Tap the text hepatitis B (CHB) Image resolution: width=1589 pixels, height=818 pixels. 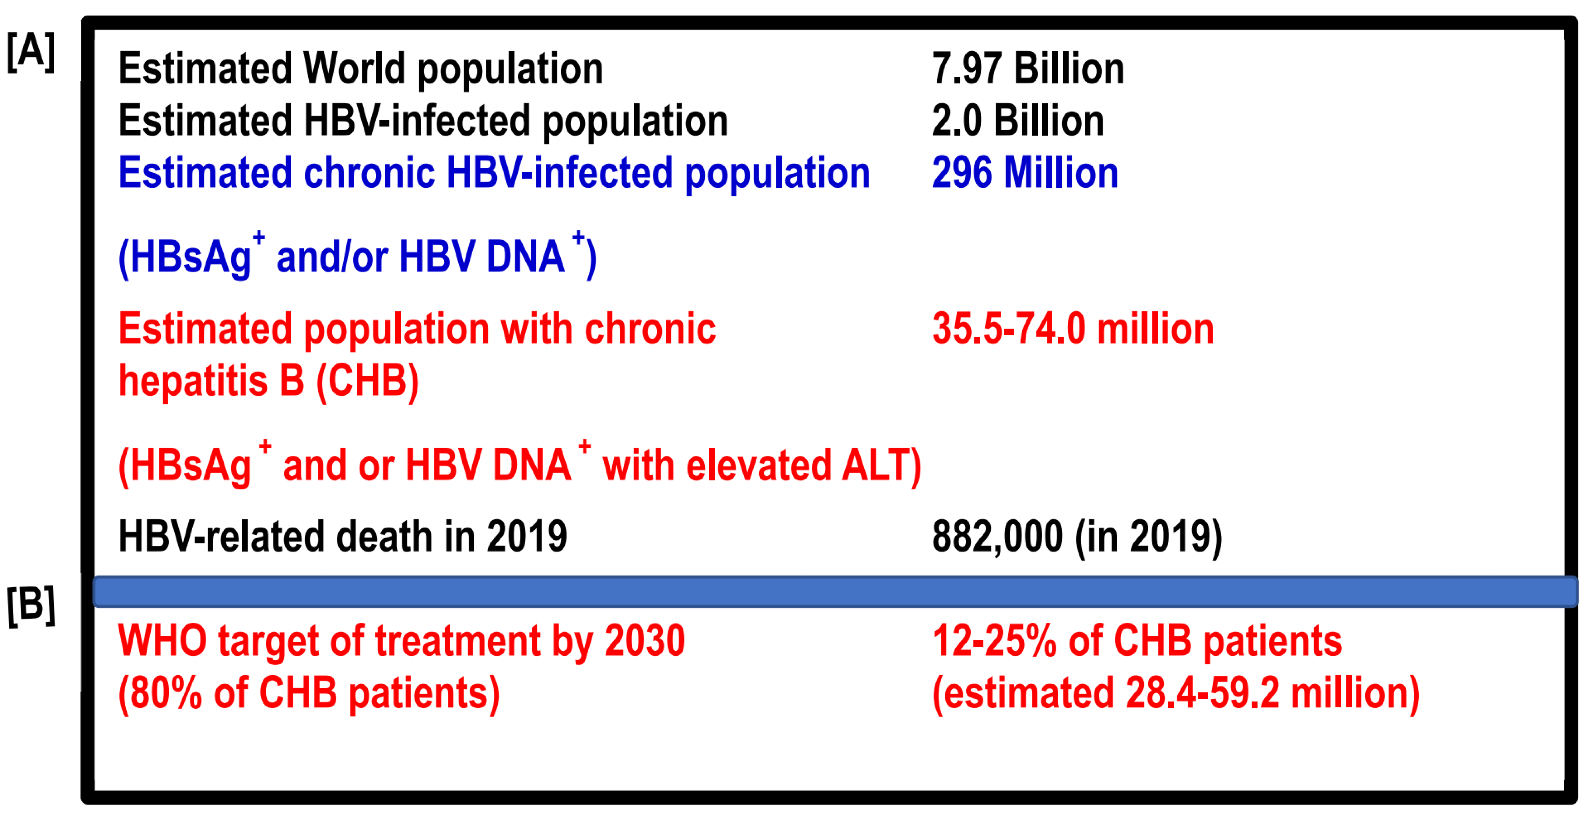point(268,380)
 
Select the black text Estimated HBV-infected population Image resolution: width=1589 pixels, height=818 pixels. point(423,120)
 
